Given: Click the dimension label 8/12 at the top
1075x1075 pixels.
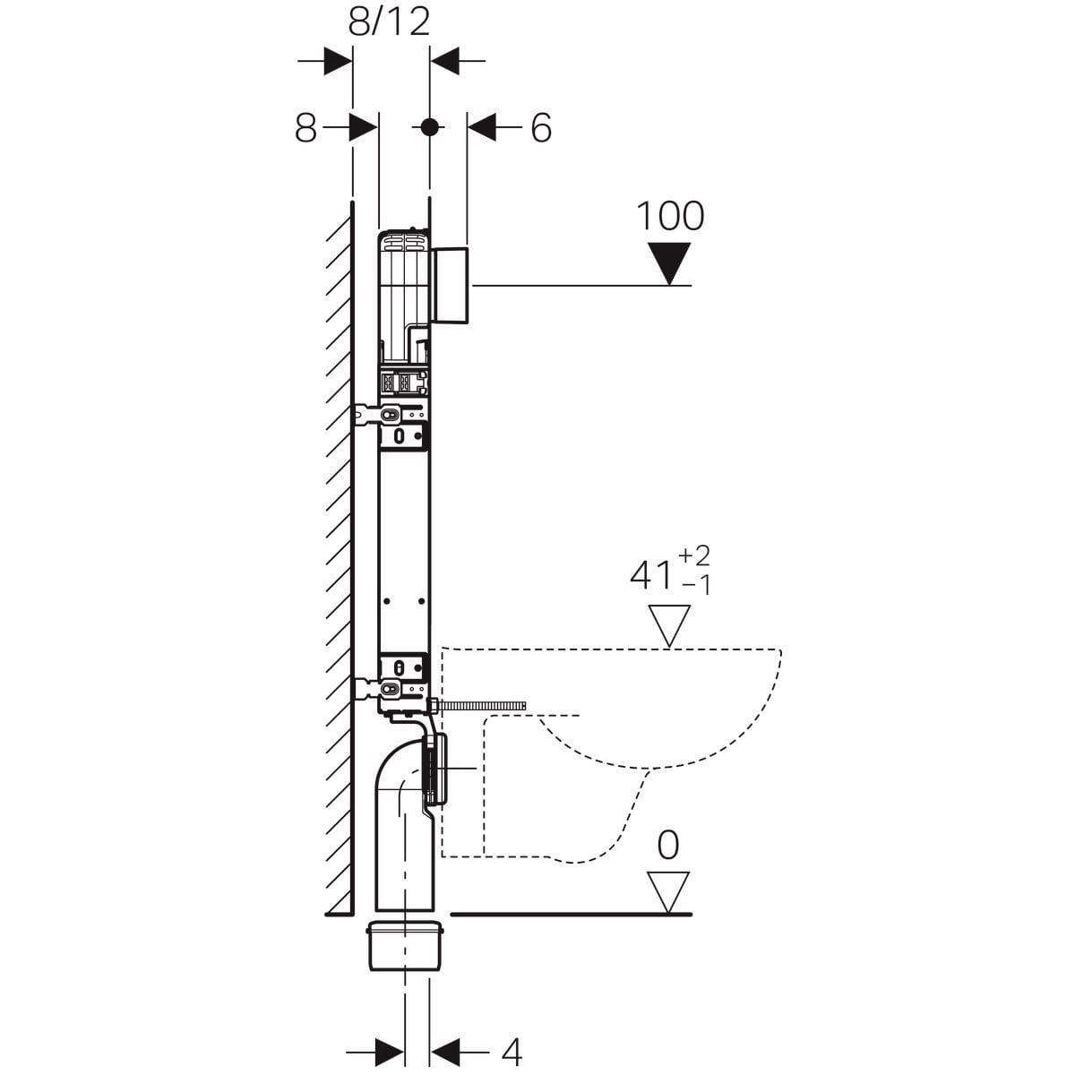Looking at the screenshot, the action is pos(389,23).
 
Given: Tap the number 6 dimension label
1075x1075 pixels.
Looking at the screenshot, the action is pos(540,128).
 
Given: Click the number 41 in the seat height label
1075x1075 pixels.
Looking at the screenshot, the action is pos(650,575).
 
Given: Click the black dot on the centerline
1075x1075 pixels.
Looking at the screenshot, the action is pos(430,127).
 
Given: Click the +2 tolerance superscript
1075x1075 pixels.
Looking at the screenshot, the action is pos(693,555).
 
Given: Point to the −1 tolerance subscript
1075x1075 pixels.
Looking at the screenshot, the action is pos(696,585).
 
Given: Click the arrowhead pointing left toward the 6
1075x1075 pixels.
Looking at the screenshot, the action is pos(481,128).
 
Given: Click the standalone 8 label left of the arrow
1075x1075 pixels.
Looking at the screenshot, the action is pos(305,128).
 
